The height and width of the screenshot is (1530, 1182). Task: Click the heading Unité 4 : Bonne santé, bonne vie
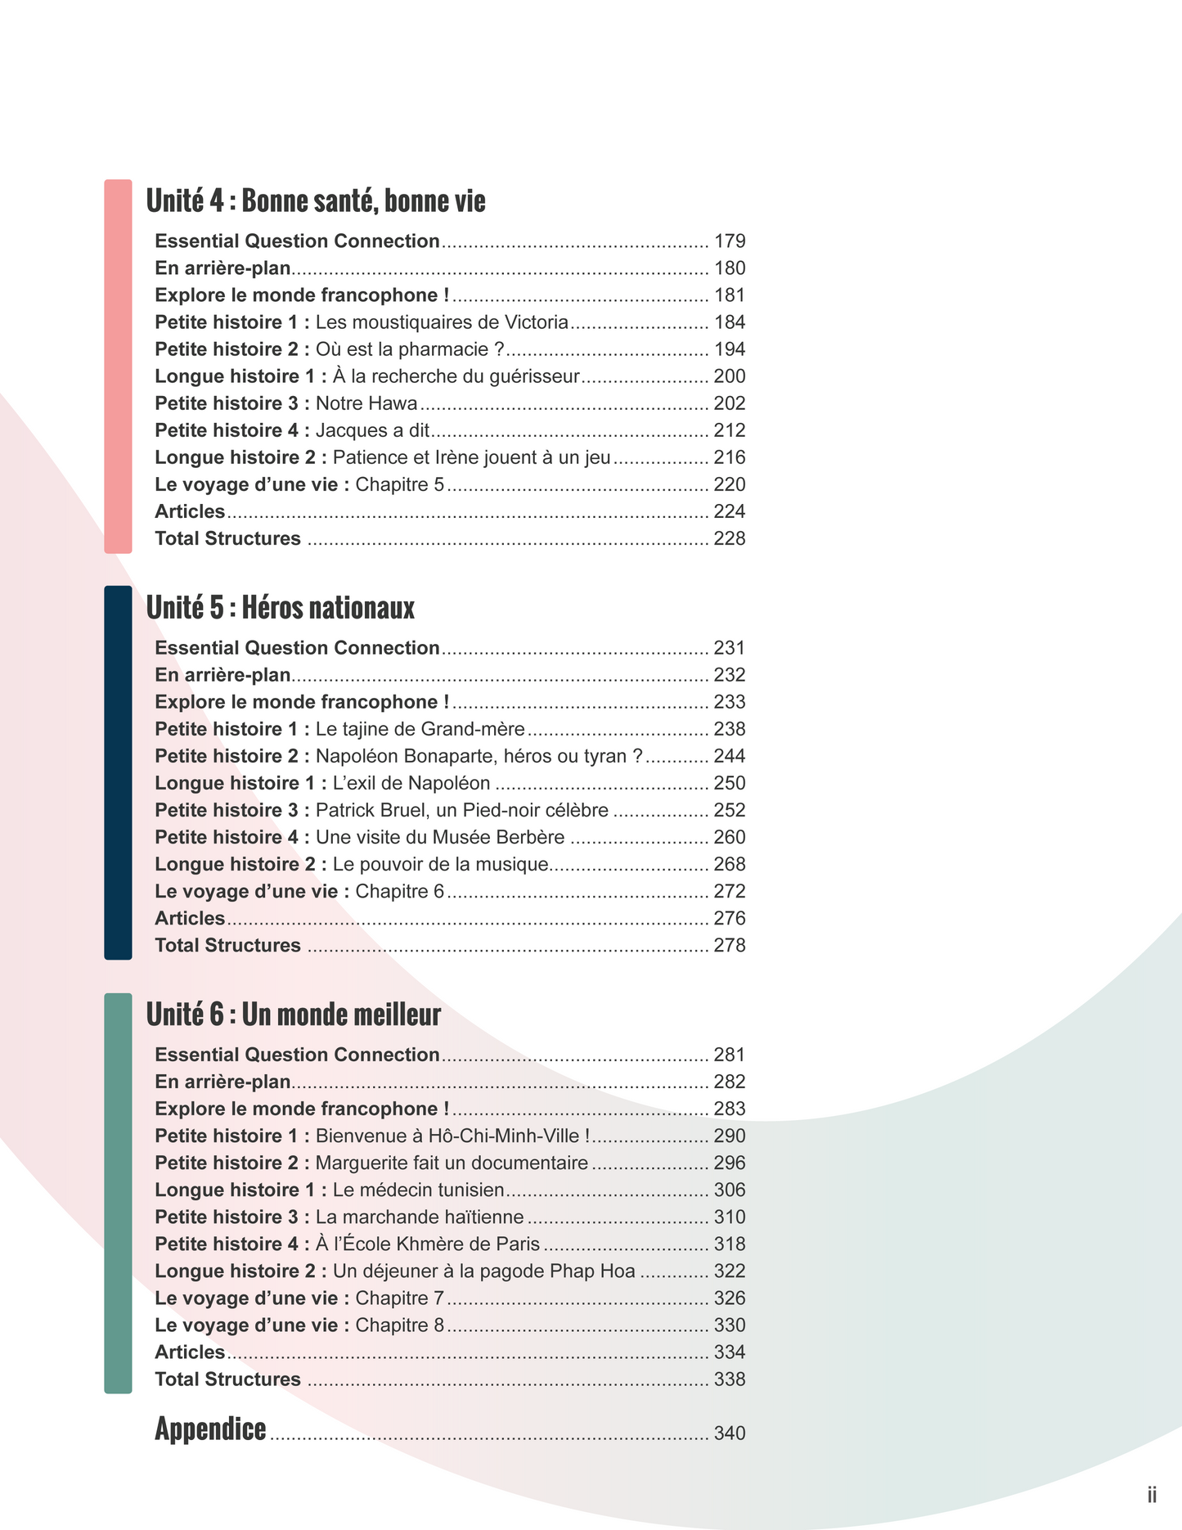coord(316,201)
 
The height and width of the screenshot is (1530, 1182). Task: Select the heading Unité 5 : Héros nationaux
coord(281,608)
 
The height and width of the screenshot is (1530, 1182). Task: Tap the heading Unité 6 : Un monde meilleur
coord(293,1015)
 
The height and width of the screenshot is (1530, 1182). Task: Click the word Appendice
coord(210,1429)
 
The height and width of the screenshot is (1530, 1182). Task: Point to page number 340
coord(730,1433)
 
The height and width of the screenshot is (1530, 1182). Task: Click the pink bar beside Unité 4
coord(118,367)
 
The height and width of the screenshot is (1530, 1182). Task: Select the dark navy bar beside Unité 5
coord(118,772)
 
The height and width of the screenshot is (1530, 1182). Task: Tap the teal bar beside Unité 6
coord(118,1193)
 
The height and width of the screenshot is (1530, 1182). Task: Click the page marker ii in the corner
coord(1152,1495)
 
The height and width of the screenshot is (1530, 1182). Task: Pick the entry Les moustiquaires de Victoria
coord(442,322)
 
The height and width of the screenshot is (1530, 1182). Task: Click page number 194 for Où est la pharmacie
coord(730,349)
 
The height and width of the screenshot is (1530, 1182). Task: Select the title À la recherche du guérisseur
coord(456,376)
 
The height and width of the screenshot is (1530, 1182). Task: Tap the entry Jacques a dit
coord(372,430)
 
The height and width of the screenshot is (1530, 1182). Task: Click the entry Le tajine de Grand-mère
coord(420,729)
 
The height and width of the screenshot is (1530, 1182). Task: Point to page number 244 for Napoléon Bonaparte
coord(730,756)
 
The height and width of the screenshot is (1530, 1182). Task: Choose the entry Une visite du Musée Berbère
coord(440,837)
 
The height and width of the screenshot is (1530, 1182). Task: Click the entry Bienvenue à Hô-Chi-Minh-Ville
coord(452,1136)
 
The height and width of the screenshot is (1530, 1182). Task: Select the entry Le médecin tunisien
coord(418,1190)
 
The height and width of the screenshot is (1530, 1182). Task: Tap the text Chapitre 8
coord(400,1325)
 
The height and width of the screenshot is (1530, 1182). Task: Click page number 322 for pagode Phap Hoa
coord(730,1271)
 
